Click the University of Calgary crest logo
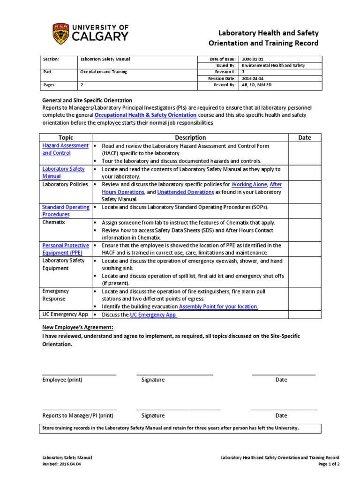[x=60, y=33]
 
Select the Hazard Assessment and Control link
[x=65, y=149]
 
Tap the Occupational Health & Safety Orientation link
[x=145, y=115]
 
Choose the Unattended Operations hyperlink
[x=186, y=192]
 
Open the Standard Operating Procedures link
[x=66, y=210]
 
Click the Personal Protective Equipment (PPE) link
[x=65, y=249]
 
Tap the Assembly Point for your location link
[x=218, y=307]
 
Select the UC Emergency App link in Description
[x=153, y=315]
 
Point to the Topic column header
[x=66, y=137]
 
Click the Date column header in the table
[x=305, y=137]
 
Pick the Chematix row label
[x=54, y=222]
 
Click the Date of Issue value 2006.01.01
[x=253, y=59]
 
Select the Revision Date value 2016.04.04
[x=253, y=79]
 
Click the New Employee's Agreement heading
[x=78, y=327]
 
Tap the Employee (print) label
[x=62, y=380]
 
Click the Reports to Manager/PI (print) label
[x=78, y=415]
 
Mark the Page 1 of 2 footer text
[x=329, y=464]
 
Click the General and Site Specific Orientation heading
[x=87, y=100]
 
